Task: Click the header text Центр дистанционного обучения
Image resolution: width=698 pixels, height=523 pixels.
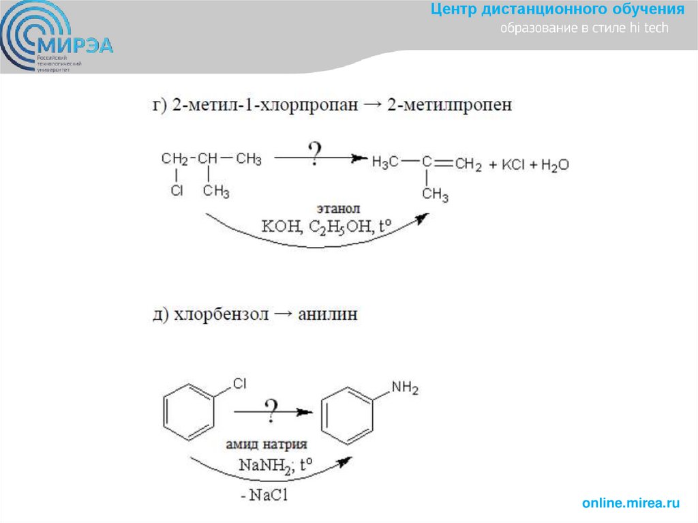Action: coord(558,10)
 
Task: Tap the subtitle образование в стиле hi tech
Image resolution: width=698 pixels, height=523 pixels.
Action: coord(585,29)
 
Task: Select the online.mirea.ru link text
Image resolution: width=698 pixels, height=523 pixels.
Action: coord(631,503)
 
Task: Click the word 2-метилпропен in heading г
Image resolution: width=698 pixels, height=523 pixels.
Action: coord(450,104)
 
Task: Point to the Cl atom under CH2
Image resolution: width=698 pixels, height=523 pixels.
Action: coord(177,192)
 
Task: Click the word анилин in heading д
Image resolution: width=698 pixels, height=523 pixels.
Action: coord(327,315)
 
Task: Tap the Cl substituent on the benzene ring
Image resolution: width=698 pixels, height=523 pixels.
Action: coord(239,384)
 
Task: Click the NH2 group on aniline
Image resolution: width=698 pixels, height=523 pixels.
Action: coord(404,388)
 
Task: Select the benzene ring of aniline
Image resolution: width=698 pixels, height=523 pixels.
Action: coord(348,414)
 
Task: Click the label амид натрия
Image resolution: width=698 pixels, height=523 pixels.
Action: coord(267,445)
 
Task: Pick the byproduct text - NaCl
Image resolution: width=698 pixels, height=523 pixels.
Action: coord(264,496)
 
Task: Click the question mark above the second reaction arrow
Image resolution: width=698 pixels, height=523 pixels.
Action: coord(272,408)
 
